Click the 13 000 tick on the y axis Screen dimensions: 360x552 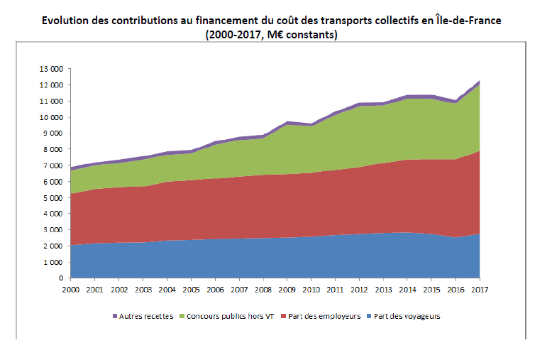[x=53, y=69]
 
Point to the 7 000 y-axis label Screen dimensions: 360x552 [x=55, y=165]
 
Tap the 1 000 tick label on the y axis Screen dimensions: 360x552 [x=55, y=262]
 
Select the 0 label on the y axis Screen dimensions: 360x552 [x=61, y=278]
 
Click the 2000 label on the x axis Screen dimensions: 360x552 [x=70, y=290]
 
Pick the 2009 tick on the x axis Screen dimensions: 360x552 [x=287, y=290]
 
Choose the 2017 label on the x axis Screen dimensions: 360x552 [x=480, y=290]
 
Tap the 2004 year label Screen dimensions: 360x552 [x=167, y=290]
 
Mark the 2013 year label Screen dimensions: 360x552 [x=384, y=290]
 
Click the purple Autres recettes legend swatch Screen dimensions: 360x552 [x=116, y=317]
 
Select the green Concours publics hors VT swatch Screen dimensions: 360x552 [x=182, y=317]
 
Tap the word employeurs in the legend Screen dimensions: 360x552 [x=338, y=317]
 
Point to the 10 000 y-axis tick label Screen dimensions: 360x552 [x=53, y=117]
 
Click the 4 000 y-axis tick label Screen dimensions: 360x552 [x=55, y=214]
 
